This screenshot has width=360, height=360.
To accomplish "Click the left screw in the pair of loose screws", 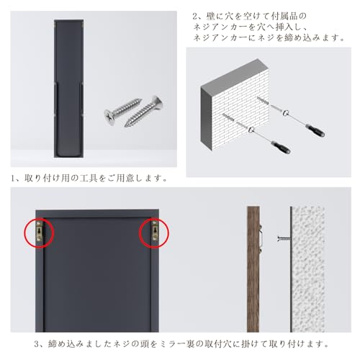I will click(x=119, y=114).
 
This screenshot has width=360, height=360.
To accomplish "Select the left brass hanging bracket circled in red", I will click(x=39, y=232).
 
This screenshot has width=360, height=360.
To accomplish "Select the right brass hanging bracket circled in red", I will click(x=154, y=231).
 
